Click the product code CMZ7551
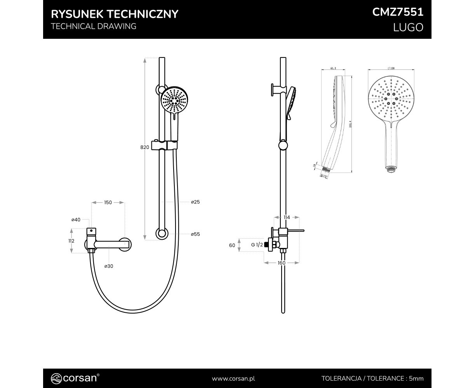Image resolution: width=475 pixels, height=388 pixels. pyautogui.click(x=397, y=12)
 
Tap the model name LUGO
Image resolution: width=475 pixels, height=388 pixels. pyautogui.click(x=408, y=28)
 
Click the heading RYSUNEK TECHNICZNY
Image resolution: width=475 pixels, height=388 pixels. pyautogui.click(x=115, y=14)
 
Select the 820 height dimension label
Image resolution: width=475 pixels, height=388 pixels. pyautogui.click(x=144, y=147)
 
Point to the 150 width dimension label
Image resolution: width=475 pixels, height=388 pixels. pyautogui.click(x=108, y=203)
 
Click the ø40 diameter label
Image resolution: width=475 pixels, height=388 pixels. pyautogui.click(x=76, y=220)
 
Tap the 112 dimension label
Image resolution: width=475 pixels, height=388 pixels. pyautogui.click(x=71, y=241)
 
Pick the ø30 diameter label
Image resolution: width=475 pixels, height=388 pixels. pyautogui.click(x=108, y=266)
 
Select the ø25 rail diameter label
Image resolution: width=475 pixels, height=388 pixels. pyautogui.click(x=195, y=202)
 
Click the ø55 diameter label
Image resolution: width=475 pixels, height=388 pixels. pyautogui.click(x=195, y=234)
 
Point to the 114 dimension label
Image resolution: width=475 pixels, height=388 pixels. pyautogui.click(x=286, y=218)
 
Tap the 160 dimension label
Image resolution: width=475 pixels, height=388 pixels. pyautogui.click(x=282, y=263)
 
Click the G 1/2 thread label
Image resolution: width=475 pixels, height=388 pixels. pyautogui.click(x=257, y=245)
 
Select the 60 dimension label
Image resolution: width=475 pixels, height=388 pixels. pyautogui.click(x=232, y=245)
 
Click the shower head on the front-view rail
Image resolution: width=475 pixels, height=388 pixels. pyautogui.click(x=174, y=100)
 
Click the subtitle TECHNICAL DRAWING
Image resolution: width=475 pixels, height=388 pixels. pyautogui.click(x=94, y=26)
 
